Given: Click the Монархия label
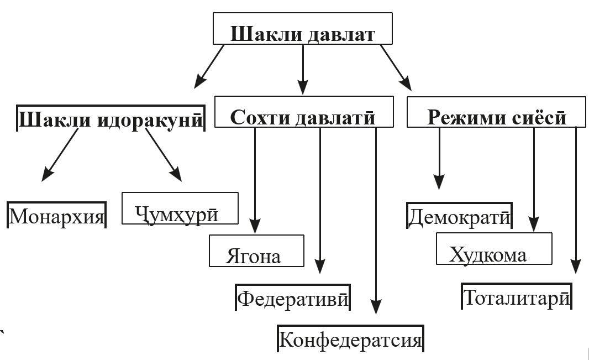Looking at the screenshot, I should (56, 215).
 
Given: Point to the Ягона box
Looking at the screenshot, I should (256, 251).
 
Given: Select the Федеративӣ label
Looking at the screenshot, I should (293, 299).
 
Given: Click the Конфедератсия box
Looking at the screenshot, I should (350, 339).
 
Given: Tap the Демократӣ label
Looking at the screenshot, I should (459, 216).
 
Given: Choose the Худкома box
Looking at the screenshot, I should (493, 249).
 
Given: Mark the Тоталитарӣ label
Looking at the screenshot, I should (516, 298).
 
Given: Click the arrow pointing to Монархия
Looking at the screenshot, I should (61, 154).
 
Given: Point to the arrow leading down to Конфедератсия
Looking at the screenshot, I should (376, 221).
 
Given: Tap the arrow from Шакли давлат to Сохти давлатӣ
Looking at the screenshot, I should (303, 69).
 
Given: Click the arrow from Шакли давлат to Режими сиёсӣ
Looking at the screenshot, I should (396, 67).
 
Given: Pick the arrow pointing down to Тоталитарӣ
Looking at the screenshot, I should (576, 199).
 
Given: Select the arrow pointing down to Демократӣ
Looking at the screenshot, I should (439, 158).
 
